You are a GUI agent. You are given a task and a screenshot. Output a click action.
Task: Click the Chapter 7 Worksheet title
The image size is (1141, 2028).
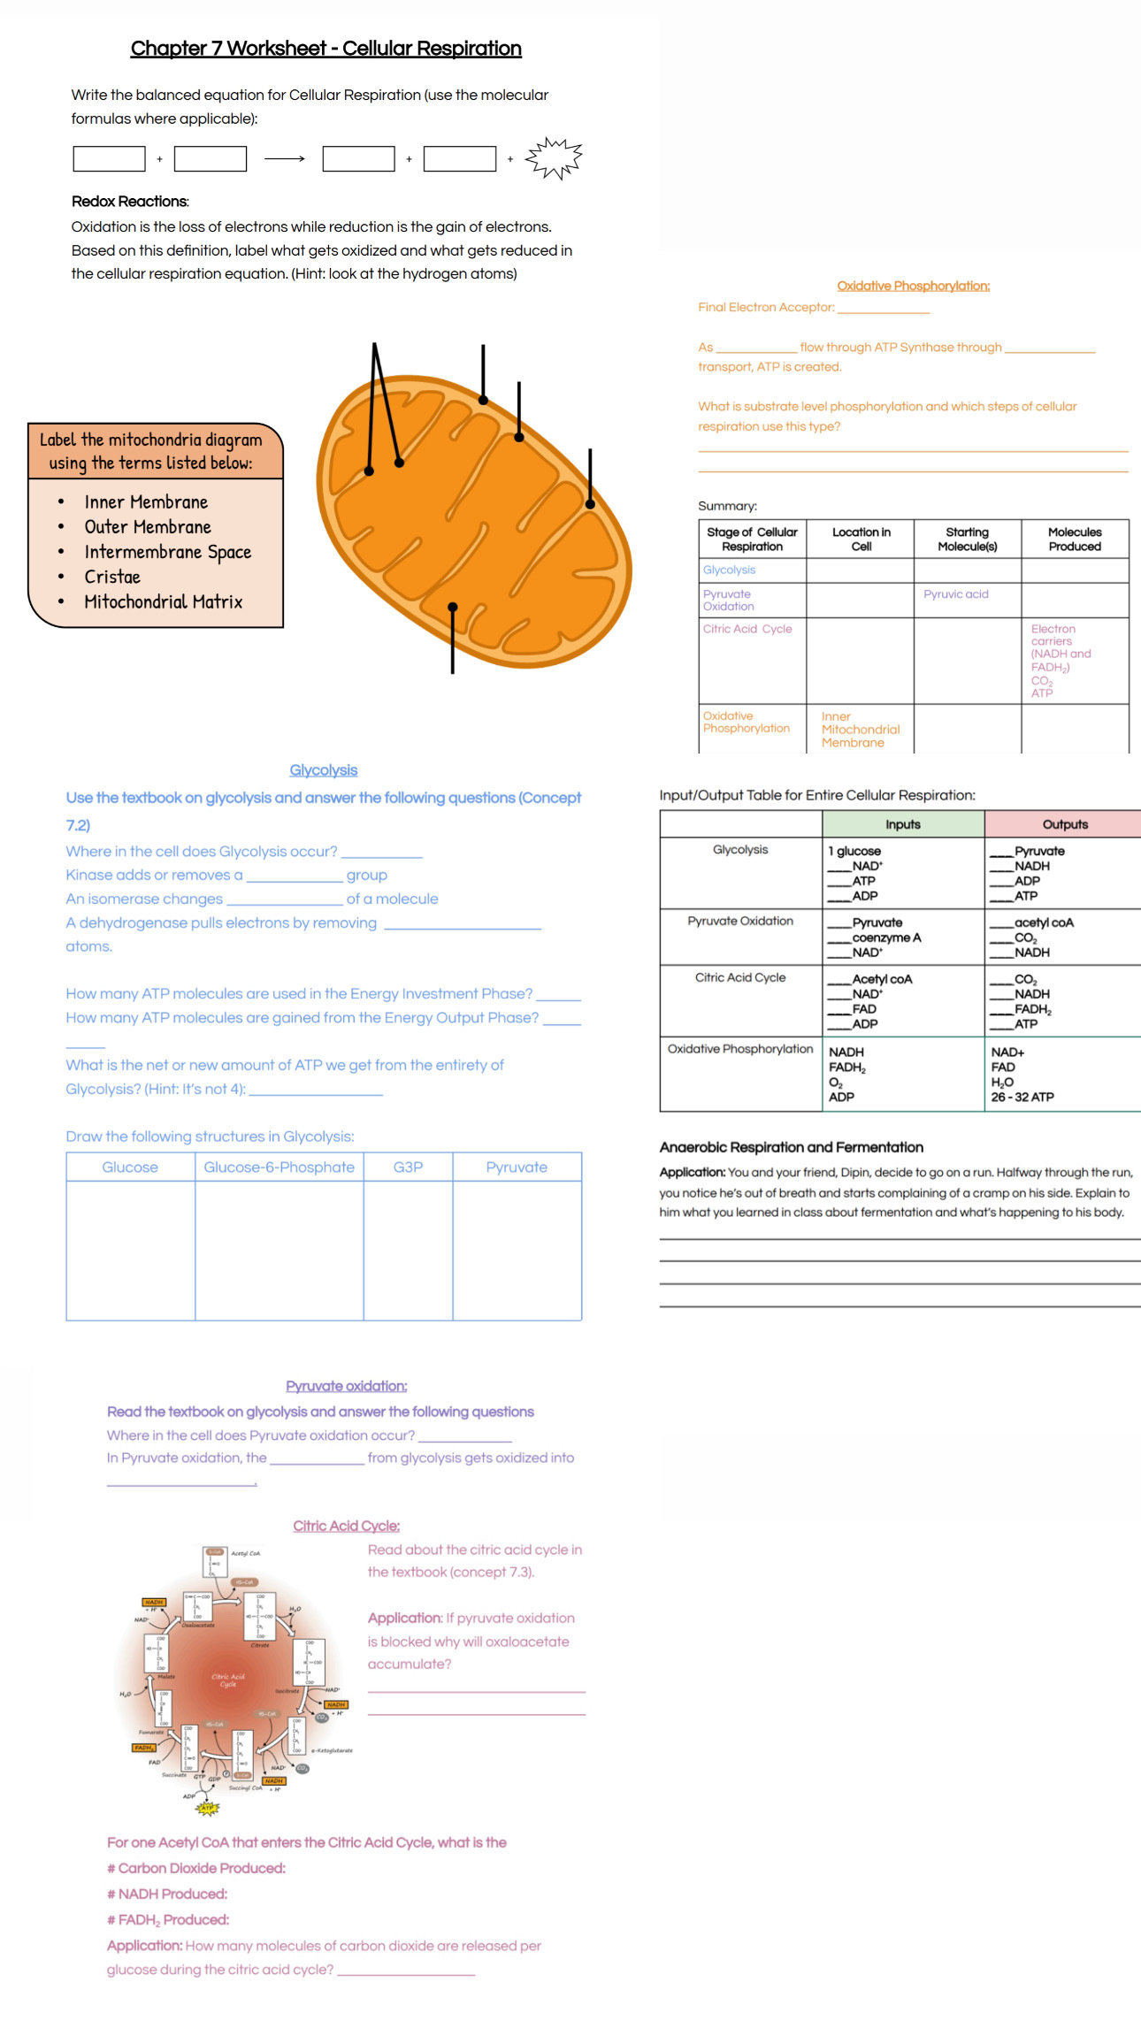tap(325, 49)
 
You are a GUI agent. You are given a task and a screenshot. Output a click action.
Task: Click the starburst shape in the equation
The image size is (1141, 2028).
tap(554, 158)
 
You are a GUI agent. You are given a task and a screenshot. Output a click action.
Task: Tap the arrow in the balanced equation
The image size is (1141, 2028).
tap(284, 159)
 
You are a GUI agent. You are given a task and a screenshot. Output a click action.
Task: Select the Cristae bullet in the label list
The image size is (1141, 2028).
tap(112, 577)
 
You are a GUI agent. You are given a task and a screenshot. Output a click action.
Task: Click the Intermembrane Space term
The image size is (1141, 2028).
tap(167, 552)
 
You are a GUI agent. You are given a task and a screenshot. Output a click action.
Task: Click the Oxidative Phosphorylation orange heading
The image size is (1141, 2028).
tap(913, 286)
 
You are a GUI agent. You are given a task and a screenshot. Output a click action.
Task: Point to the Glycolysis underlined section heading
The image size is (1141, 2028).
tap(323, 770)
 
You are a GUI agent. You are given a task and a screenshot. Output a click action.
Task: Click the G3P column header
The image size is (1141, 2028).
tap(408, 1167)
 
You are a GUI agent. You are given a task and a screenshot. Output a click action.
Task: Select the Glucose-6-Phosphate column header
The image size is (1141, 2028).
tap(279, 1167)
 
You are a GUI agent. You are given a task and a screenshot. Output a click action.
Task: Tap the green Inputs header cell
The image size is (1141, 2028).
tap(902, 824)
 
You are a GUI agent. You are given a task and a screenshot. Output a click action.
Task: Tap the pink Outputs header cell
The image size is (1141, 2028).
tap(1064, 824)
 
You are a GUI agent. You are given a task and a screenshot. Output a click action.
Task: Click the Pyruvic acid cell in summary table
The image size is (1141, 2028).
tap(955, 594)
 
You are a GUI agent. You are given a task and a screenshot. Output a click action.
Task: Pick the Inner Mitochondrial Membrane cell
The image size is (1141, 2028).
tap(860, 730)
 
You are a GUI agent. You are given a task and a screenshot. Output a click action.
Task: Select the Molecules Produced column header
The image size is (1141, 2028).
tap(1074, 540)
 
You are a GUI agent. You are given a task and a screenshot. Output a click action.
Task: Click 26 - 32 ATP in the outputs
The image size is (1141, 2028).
tap(1022, 1098)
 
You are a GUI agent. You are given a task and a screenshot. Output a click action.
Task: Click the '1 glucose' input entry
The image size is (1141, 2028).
tap(854, 851)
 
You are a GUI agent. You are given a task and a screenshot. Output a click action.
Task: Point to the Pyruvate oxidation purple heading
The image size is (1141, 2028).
tap(346, 1386)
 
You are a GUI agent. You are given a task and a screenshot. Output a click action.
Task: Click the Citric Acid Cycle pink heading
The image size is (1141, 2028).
tap(346, 1526)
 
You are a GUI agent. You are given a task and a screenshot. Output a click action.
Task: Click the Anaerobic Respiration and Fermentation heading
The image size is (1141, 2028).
tap(791, 1147)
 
